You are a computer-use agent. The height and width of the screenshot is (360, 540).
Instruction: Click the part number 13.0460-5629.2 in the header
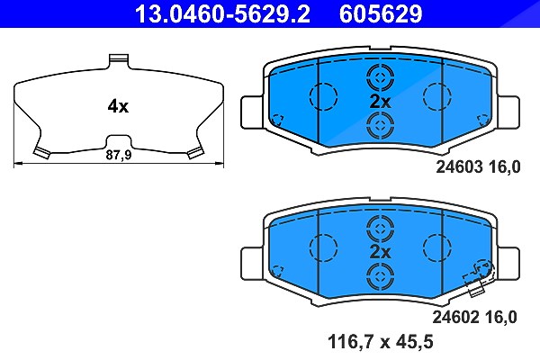click(x=222, y=13)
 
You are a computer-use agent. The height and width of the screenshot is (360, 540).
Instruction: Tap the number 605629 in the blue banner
click(x=381, y=13)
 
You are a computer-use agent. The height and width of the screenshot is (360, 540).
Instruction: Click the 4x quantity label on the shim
click(x=118, y=106)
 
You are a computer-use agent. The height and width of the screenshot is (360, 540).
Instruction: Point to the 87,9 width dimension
click(x=119, y=155)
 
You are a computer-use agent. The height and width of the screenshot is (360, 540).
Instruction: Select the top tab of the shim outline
click(x=119, y=60)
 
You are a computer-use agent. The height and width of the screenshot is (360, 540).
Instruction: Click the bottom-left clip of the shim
click(x=41, y=153)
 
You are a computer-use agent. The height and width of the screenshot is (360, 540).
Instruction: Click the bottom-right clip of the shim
click(x=194, y=153)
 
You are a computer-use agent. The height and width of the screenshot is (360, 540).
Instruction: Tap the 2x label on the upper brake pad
click(x=380, y=102)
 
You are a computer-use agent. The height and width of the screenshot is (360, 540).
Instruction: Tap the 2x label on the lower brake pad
click(x=380, y=252)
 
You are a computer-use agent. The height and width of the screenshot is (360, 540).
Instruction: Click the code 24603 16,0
click(x=479, y=167)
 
